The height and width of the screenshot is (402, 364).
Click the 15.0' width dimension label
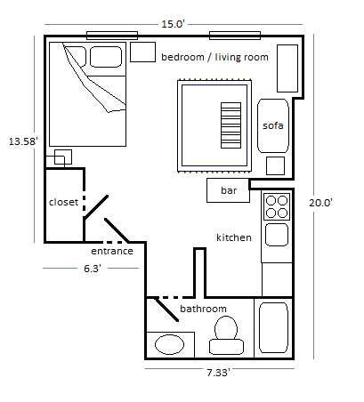pos(173,24)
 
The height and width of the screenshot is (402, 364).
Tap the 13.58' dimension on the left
pos(23,141)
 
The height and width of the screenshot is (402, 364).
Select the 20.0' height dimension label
pos(320,203)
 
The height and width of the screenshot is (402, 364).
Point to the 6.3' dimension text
pos(93,269)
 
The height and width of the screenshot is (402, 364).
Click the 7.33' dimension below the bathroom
pos(219,373)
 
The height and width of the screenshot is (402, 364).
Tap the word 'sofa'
pos(273,125)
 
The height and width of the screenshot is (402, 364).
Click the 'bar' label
pos(229,190)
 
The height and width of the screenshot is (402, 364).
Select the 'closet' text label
pos(63,202)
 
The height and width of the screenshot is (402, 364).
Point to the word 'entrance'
pos(112,251)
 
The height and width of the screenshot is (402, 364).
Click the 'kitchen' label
pos(234,237)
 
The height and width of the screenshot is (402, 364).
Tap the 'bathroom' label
pos(203,309)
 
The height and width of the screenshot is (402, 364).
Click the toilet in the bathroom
pos(226,335)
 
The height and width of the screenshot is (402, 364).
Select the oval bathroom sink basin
pos(169,344)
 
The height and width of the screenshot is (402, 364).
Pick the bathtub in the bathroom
pos(273,327)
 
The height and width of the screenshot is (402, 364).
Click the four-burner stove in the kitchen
pos(277,206)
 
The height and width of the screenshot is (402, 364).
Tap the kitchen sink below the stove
pos(277,235)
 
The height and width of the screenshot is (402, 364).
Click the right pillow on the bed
pos(106,57)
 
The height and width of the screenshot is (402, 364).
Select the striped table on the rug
pos(231,125)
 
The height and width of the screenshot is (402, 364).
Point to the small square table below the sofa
pos(275,166)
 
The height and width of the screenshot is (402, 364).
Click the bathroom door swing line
pos(166,310)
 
